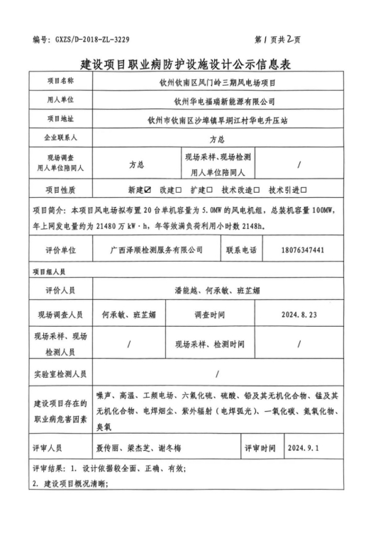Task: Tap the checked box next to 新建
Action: point(148,190)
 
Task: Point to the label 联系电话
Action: point(241,250)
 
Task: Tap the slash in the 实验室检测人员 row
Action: point(216,374)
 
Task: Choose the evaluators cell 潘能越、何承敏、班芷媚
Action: point(218,291)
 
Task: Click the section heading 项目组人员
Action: point(50,271)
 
